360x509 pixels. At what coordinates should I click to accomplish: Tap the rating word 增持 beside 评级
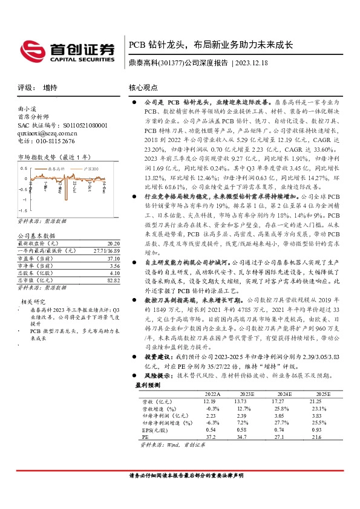[51, 88]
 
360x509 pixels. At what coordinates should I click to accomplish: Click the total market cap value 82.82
[105, 280]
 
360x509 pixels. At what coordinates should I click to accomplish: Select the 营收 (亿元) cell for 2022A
[210, 401]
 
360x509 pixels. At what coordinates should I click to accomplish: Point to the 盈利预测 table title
[148, 384]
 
